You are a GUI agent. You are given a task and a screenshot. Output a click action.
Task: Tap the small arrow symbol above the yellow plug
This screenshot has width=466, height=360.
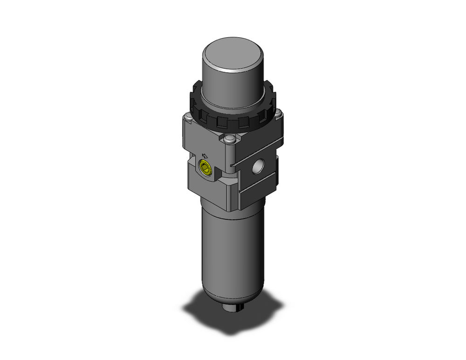(205, 157)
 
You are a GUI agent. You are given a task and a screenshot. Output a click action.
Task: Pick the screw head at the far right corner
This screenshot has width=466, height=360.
(278, 113)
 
